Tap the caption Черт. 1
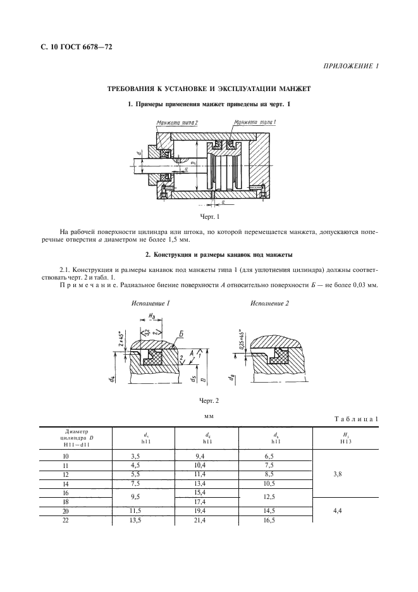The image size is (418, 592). click(x=209, y=217)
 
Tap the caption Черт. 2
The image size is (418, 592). click(x=209, y=400)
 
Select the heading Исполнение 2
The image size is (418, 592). click(x=269, y=304)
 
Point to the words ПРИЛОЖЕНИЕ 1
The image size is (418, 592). click(x=350, y=66)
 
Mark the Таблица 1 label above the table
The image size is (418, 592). click(x=352, y=419)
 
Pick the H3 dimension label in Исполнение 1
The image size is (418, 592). click(x=152, y=316)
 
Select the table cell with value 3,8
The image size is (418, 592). click(x=345, y=479)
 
